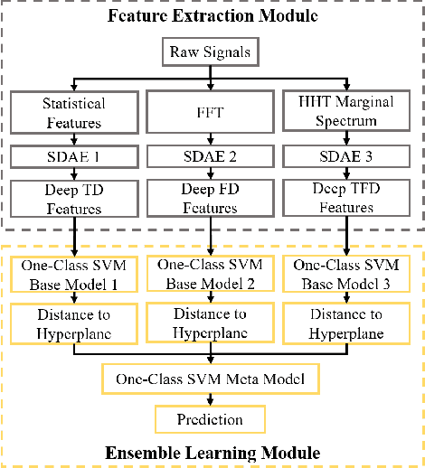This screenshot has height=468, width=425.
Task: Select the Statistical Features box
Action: point(74,113)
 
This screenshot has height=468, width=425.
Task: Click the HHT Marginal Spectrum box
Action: point(346,113)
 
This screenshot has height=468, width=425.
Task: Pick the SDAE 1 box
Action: point(74,159)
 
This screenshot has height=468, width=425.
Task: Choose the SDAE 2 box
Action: point(210,159)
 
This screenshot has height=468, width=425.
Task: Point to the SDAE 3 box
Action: point(346,159)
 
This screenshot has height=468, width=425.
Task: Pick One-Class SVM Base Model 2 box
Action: point(210,274)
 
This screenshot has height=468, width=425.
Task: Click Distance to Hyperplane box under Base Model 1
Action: point(74,323)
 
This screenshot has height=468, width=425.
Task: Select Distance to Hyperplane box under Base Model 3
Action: point(346,323)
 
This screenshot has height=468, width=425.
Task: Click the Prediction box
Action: point(210,418)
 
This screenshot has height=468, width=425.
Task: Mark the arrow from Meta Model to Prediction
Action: point(210,398)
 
